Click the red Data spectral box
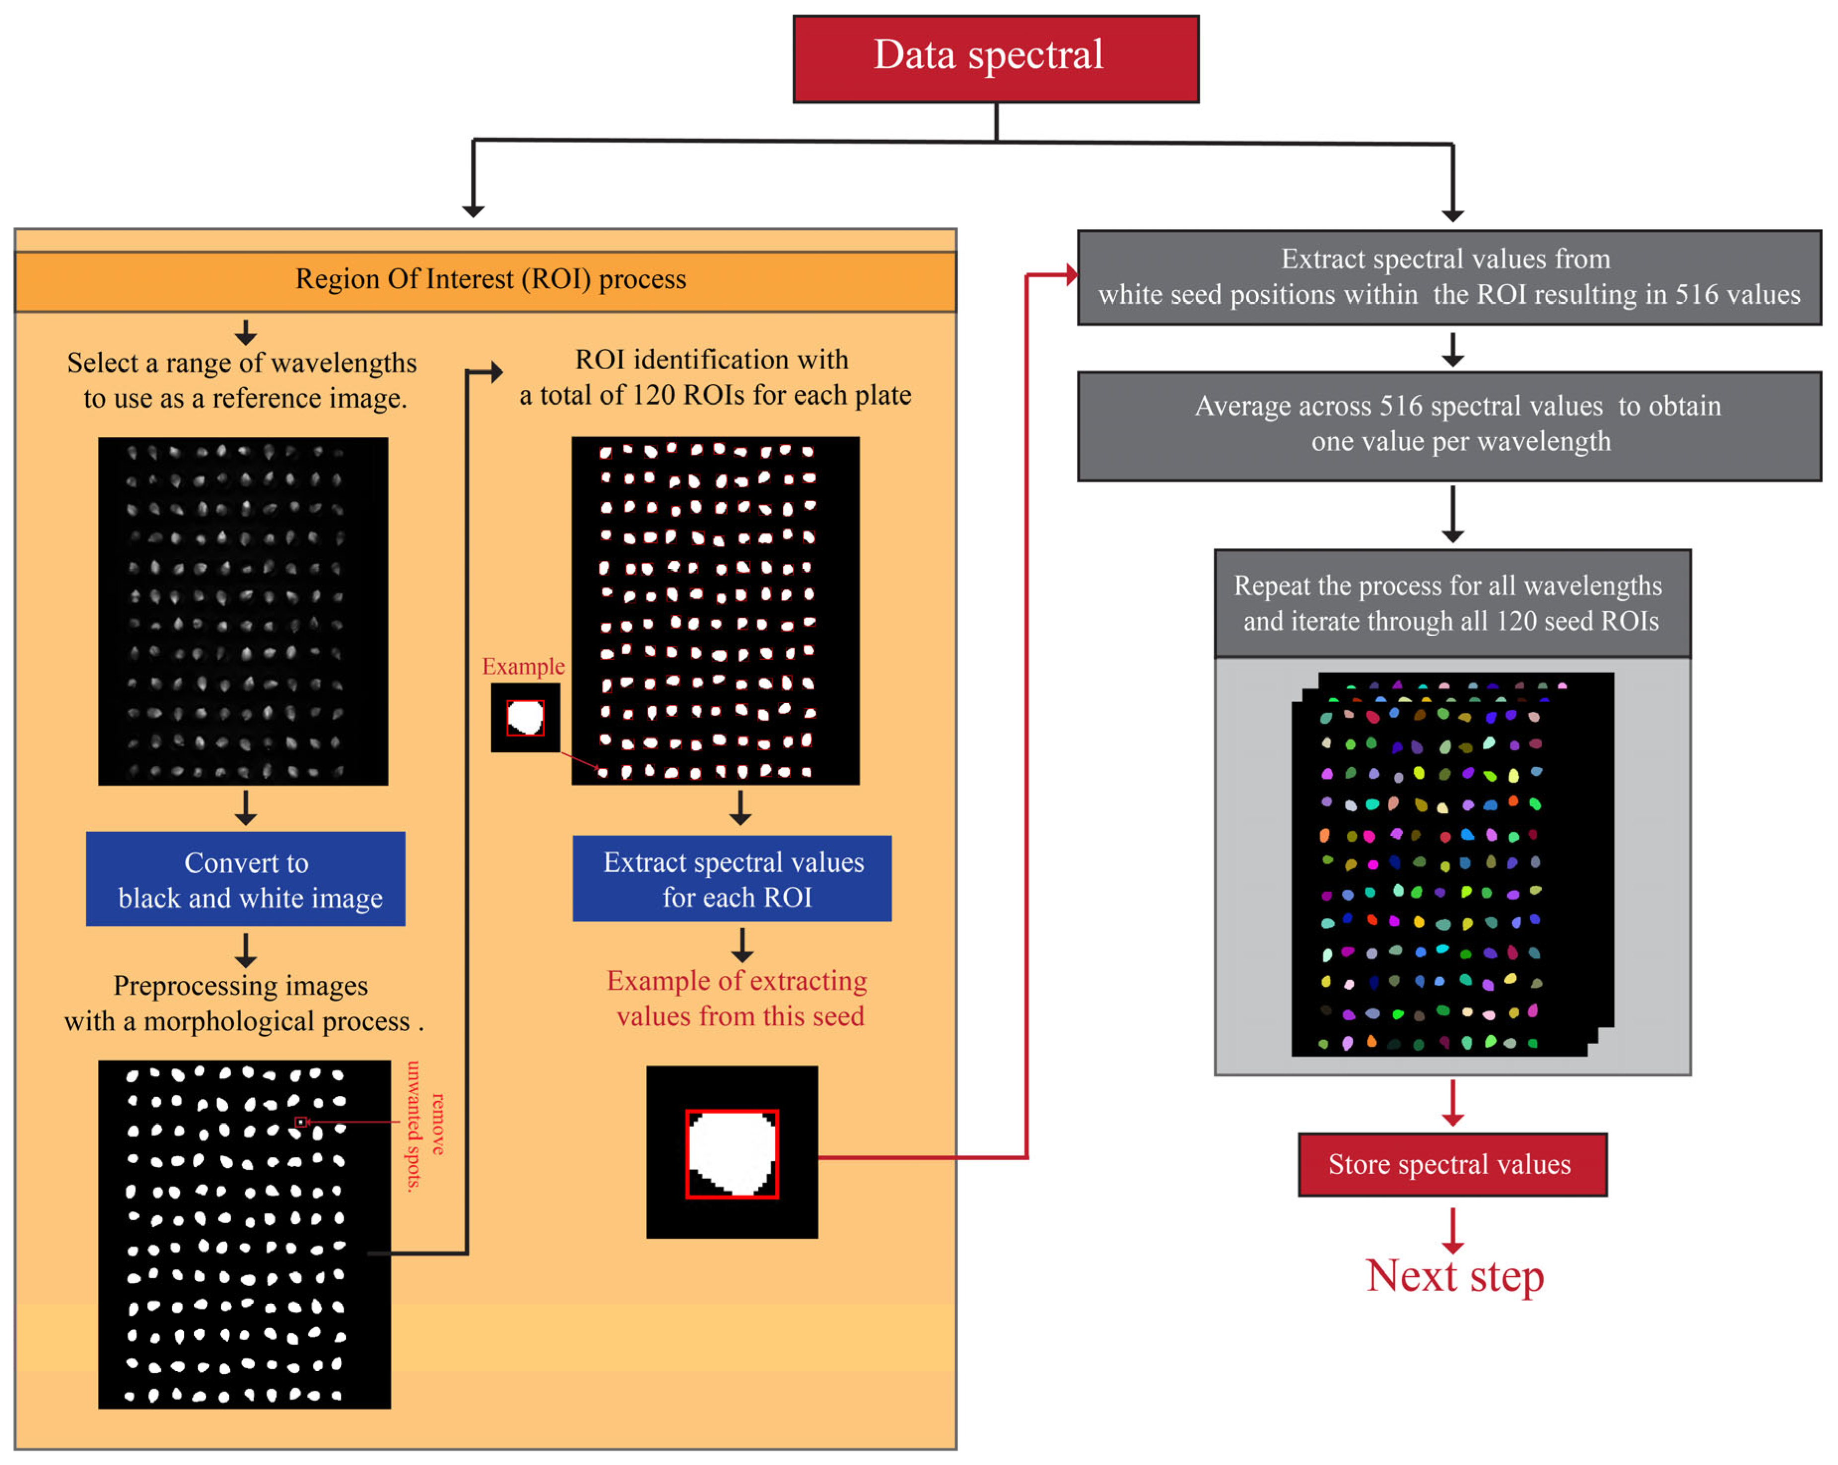click(x=996, y=59)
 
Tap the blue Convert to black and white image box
click(x=246, y=879)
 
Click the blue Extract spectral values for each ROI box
click(x=732, y=879)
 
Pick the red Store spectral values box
click(x=1452, y=1164)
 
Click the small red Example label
click(x=523, y=666)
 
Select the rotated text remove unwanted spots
click(x=424, y=1125)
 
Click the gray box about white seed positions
click(x=1449, y=277)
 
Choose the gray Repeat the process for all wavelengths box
click(x=1452, y=603)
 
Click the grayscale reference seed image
click(x=243, y=611)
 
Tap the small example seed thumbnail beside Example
click(x=525, y=718)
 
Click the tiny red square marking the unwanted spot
click(x=301, y=1123)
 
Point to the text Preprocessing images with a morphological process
click(x=243, y=1003)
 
